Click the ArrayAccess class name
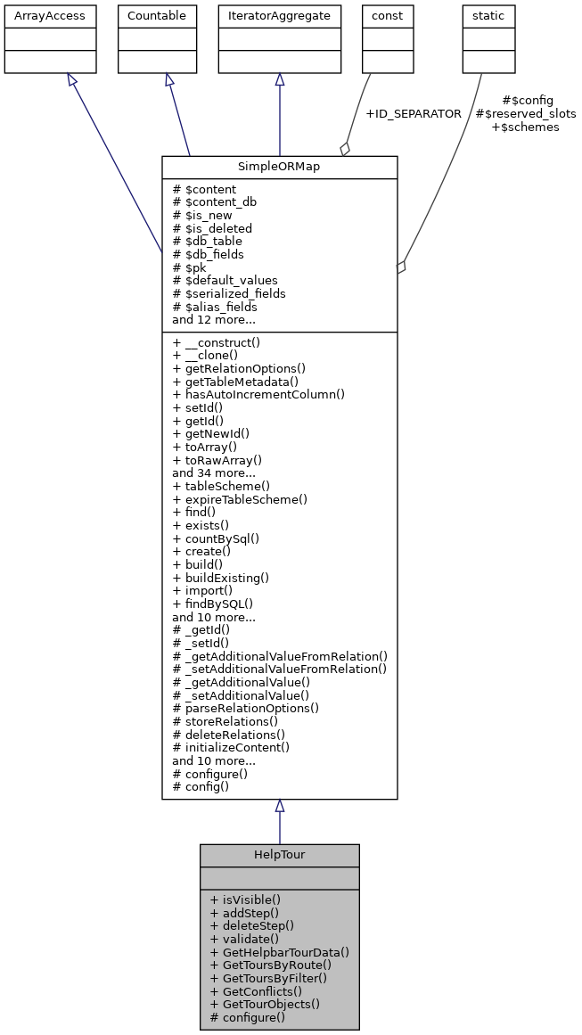(x=37, y=15)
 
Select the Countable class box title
(x=158, y=15)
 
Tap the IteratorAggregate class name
(x=279, y=15)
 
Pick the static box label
(x=488, y=15)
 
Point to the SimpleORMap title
(x=279, y=168)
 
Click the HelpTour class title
(x=279, y=855)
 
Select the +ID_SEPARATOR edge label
(x=414, y=114)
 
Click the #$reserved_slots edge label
(x=526, y=114)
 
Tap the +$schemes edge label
(x=526, y=127)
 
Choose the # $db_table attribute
(x=207, y=241)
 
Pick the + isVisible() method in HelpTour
(x=245, y=899)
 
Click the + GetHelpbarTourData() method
(x=279, y=952)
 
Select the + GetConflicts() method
(x=256, y=990)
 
